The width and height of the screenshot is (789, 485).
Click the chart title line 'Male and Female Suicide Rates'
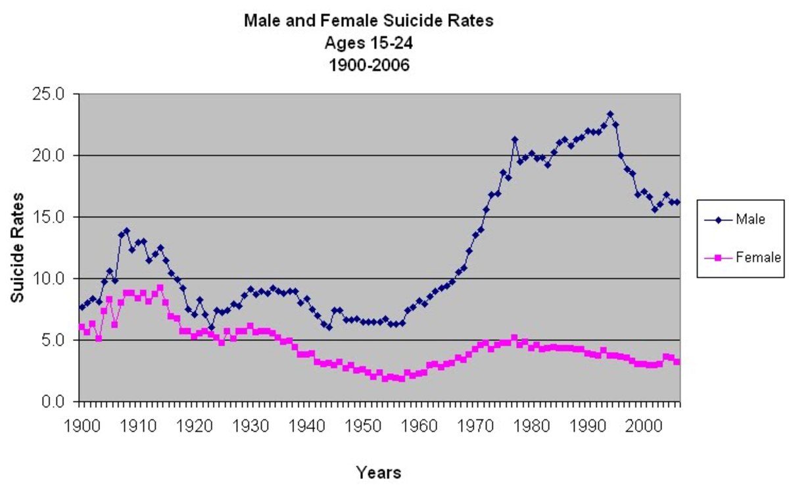[x=368, y=21]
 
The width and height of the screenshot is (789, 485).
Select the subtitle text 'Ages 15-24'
[x=368, y=43]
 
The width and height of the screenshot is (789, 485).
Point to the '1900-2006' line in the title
[x=368, y=65]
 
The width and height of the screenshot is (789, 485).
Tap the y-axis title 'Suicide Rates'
[x=18, y=247]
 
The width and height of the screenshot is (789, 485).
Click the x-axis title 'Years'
[x=378, y=472]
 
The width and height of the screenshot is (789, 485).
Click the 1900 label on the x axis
[x=79, y=423]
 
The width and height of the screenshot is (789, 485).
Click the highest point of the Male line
[x=610, y=114]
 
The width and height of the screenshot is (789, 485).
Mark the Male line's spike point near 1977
[x=514, y=139]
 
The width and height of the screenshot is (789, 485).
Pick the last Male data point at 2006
[x=677, y=202]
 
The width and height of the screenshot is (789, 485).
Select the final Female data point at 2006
[x=677, y=362]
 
